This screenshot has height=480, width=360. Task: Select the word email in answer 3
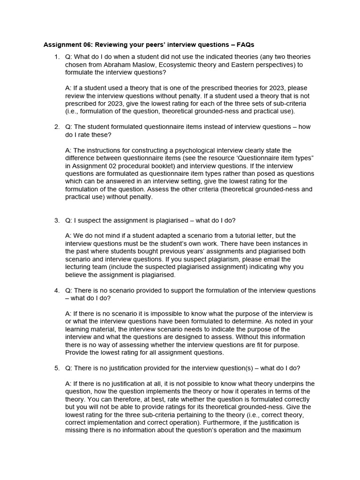(269, 259)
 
